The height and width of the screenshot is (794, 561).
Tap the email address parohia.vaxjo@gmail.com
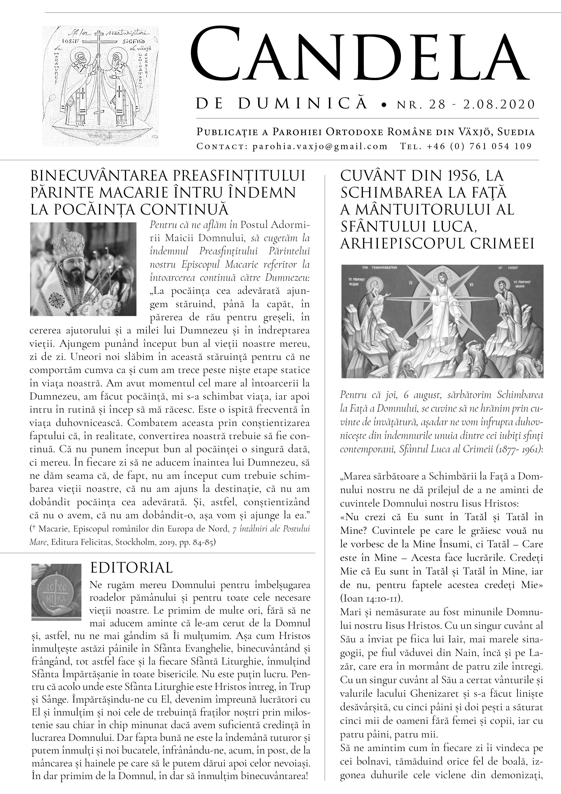click(x=320, y=146)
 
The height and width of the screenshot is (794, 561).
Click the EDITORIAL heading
click(x=131, y=568)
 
